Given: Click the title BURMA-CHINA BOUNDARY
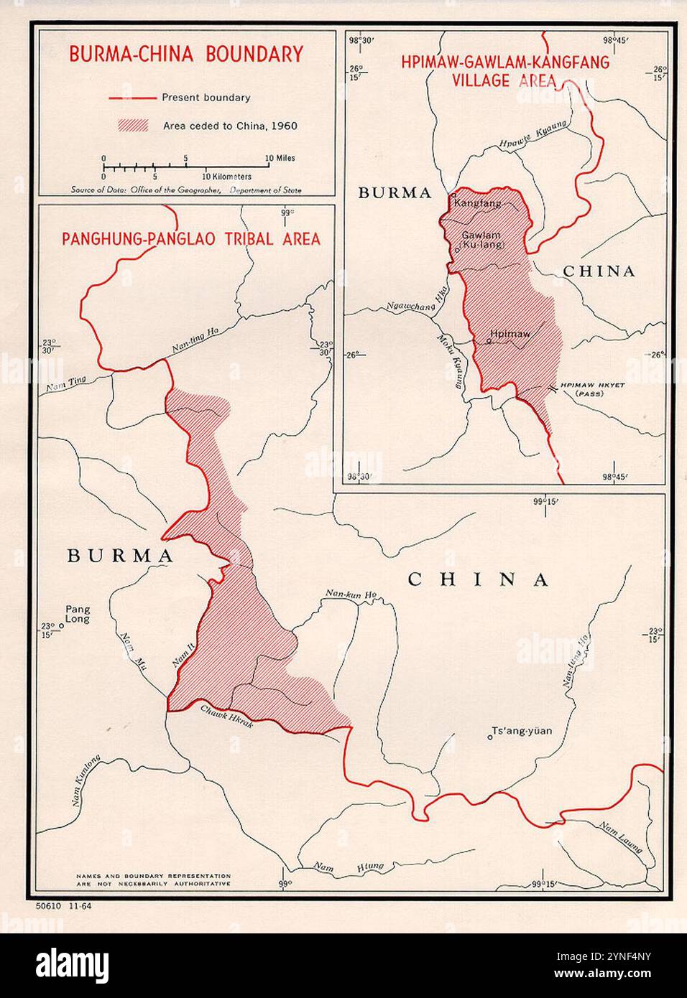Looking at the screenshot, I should (185, 54).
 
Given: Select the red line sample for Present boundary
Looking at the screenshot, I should (132, 98).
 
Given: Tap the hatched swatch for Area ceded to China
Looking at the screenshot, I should (132, 126).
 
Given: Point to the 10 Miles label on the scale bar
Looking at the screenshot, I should (280, 158).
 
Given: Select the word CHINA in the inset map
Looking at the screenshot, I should (599, 271).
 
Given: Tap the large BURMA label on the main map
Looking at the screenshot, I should (120, 556).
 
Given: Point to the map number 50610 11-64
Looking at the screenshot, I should (63, 907).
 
